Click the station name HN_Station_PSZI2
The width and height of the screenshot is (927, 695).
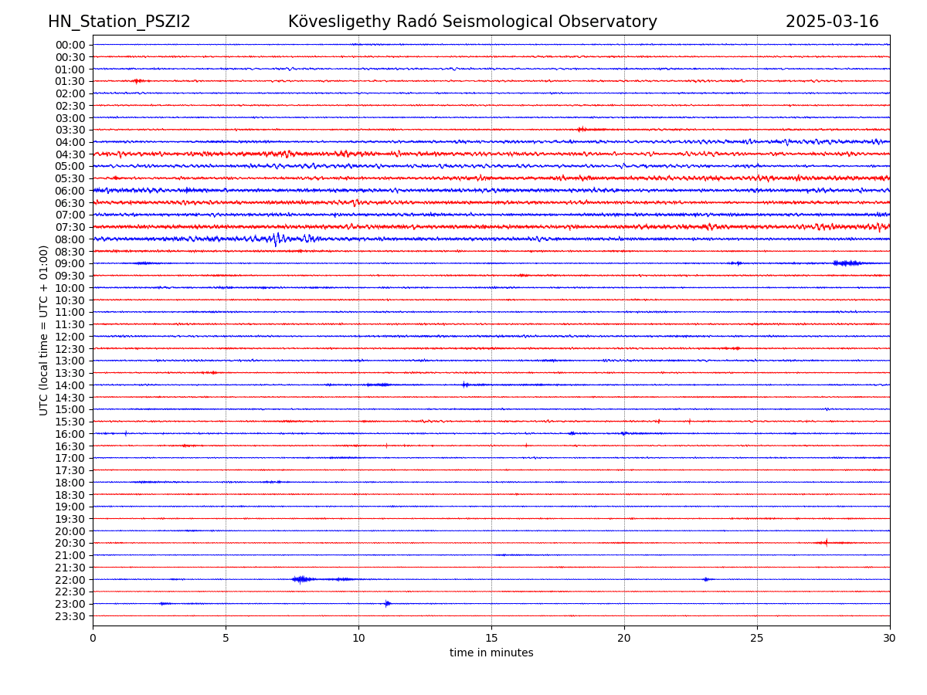click(x=119, y=22)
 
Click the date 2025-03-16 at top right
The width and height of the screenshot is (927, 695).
click(x=832, y=22)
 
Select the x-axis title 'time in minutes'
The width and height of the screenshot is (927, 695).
click(x=491, y=653)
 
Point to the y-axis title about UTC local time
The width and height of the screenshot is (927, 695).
click(x=44, y=331)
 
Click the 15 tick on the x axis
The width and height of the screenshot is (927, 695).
click(x=491, y=639)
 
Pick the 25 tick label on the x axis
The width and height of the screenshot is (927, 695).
click(x=757, y=639)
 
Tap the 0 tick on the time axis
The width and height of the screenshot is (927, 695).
click(x=93, y=639)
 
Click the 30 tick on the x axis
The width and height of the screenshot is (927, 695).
click(x=890, y=639)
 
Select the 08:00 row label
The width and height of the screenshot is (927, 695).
click(x=70, y=239)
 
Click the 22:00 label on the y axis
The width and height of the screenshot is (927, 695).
click(x=70, y=580)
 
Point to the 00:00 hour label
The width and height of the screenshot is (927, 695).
click(x=70, y=45)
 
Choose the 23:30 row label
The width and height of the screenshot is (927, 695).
click(x=70, y=616)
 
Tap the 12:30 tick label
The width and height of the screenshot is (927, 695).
click(x=70, y=349)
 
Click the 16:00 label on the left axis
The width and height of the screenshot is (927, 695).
click(x=70, y=434)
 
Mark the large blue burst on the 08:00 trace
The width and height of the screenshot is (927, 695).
click(x=277, y=239)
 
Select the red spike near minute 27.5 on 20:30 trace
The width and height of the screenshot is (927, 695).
click(x=826, y=542)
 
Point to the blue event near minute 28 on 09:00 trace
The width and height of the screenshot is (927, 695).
click(x=847, y=263)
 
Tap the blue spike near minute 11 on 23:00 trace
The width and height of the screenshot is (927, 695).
click(x=387, y=603)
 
